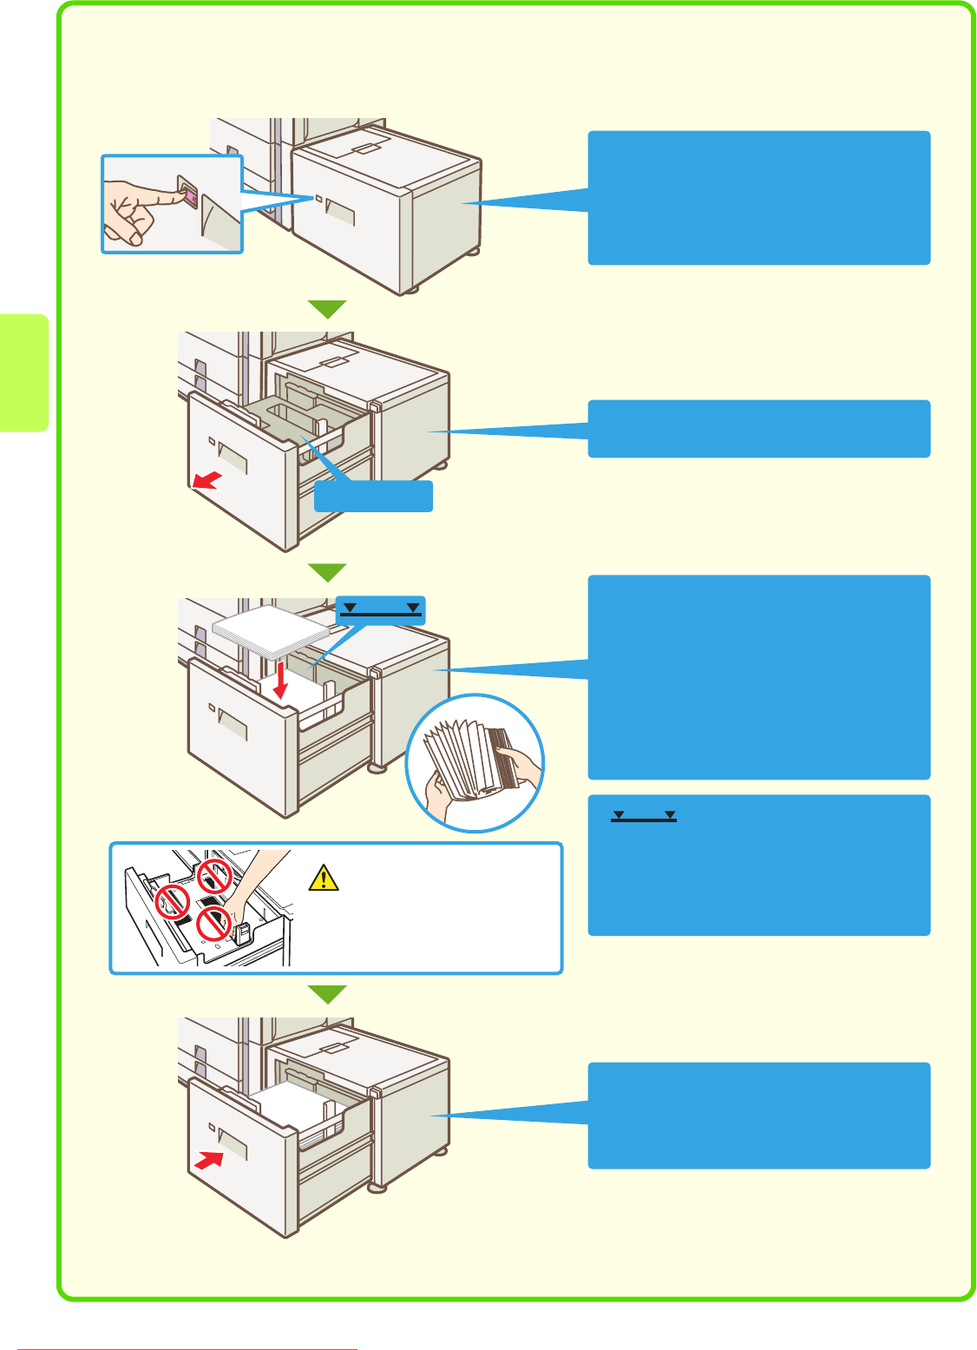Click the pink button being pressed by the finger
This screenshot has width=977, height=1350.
[188, 197]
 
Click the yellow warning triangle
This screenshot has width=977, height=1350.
[323, 879]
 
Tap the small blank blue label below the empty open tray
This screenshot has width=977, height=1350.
[373, 497]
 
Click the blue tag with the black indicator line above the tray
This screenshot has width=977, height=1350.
[380, 609]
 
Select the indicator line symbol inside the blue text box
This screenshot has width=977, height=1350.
[643, 817]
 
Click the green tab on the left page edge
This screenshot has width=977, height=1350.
[23, 372]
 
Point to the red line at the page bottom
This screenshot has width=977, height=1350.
[187, 1348]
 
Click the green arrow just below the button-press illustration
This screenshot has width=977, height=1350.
[328, 309]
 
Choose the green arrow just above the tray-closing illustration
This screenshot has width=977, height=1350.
[328, 994]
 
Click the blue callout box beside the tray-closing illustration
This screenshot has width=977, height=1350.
[759, 1116]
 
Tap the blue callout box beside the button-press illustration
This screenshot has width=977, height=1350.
[759, 198]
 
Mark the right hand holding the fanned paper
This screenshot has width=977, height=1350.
[521, 765]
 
